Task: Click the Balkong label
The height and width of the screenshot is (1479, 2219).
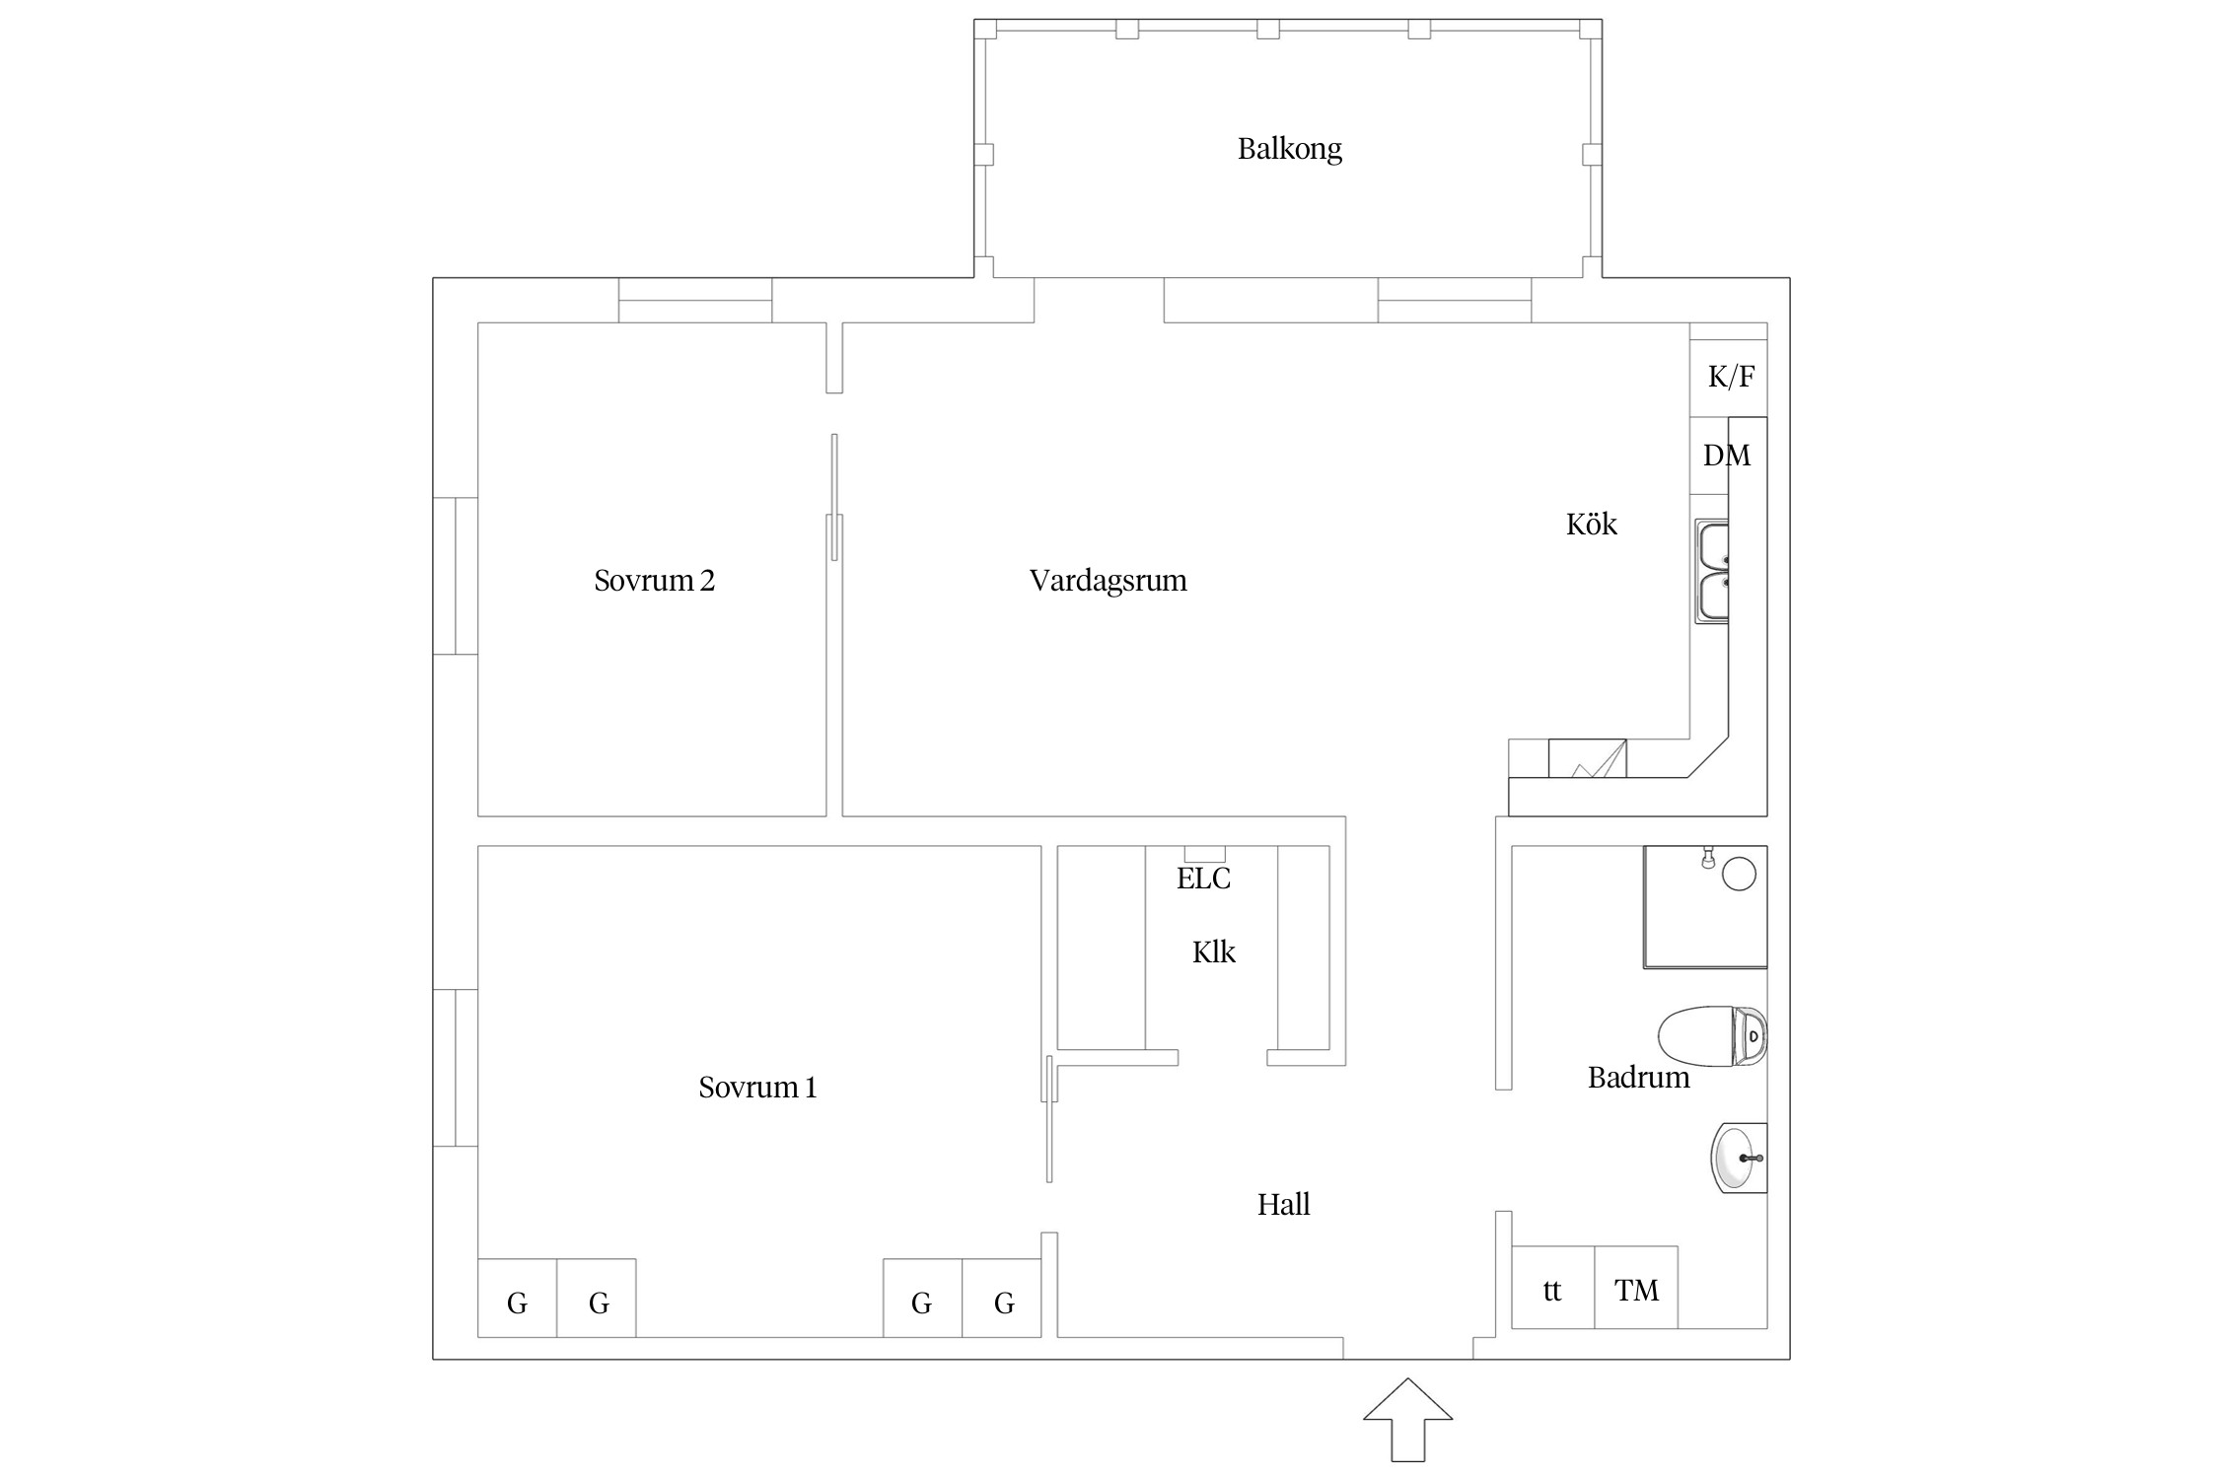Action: pyautogui.click(x=1289, y=149)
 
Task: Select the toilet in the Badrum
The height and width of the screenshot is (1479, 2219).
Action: pyautogui.click(x=1711, y=1036)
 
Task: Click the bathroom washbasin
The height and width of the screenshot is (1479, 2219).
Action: pyautogui.click(x=1738, y=1158)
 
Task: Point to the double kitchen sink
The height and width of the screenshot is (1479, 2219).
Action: pyautogui.click(x=1712, y=572)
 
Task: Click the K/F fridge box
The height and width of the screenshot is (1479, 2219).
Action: pyautogui.click(x=1729, y=377)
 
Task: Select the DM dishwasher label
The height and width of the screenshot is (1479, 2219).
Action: pyautogui.click(x=1726, y=456)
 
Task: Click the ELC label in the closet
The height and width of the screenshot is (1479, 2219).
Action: pyautogui.click(x=1203, y=879)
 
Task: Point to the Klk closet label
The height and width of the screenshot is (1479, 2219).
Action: pyautogui.click(x=1213, y=952)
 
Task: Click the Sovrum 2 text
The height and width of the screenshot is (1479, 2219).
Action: pyautogui.click(x=654, y=581)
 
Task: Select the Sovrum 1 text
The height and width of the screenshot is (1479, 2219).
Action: pyautogui.click(x=757, y=1088)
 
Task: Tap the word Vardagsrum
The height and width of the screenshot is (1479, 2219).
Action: pyautogui.click(x=1108, y=581)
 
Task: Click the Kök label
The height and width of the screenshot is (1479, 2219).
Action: pyautogui.click(x=1591, y=524)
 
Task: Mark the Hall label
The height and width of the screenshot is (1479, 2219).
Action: pyautogui.click(x=1283, y=1204)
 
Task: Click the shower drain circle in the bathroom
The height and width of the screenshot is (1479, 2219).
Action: pyautogui.click(x=1739, y=875)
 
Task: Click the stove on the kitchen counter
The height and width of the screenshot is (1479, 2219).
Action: pyautogui.click(x=1587, y=758)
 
